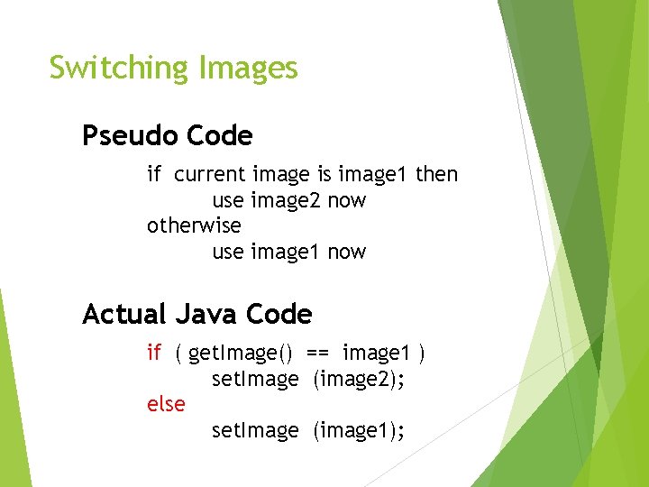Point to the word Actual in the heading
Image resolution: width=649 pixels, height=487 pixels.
tap(124, 315)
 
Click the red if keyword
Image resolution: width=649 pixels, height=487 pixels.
tap(153, 353)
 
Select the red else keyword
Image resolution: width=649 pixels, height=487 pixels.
tap(166, 405)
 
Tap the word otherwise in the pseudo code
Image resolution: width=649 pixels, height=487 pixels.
tap(194, 225)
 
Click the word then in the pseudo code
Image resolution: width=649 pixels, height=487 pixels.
tap(436, 173)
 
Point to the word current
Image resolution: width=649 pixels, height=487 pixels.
tap(210, 173)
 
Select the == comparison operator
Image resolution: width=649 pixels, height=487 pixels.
tap(317, 353)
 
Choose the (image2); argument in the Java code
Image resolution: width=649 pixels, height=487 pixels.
tap(359, 380)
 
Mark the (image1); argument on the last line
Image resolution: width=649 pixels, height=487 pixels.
tap(359, 432)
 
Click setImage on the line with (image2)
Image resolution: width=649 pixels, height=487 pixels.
tap(255, 380)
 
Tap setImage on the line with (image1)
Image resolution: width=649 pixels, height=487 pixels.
tap(255, 432)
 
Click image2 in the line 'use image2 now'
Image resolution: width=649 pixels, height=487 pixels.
tap(286, 199)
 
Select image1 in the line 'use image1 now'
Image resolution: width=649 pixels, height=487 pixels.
tap(286, 252)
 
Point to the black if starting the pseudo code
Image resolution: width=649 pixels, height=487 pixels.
tap(153, 173)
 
